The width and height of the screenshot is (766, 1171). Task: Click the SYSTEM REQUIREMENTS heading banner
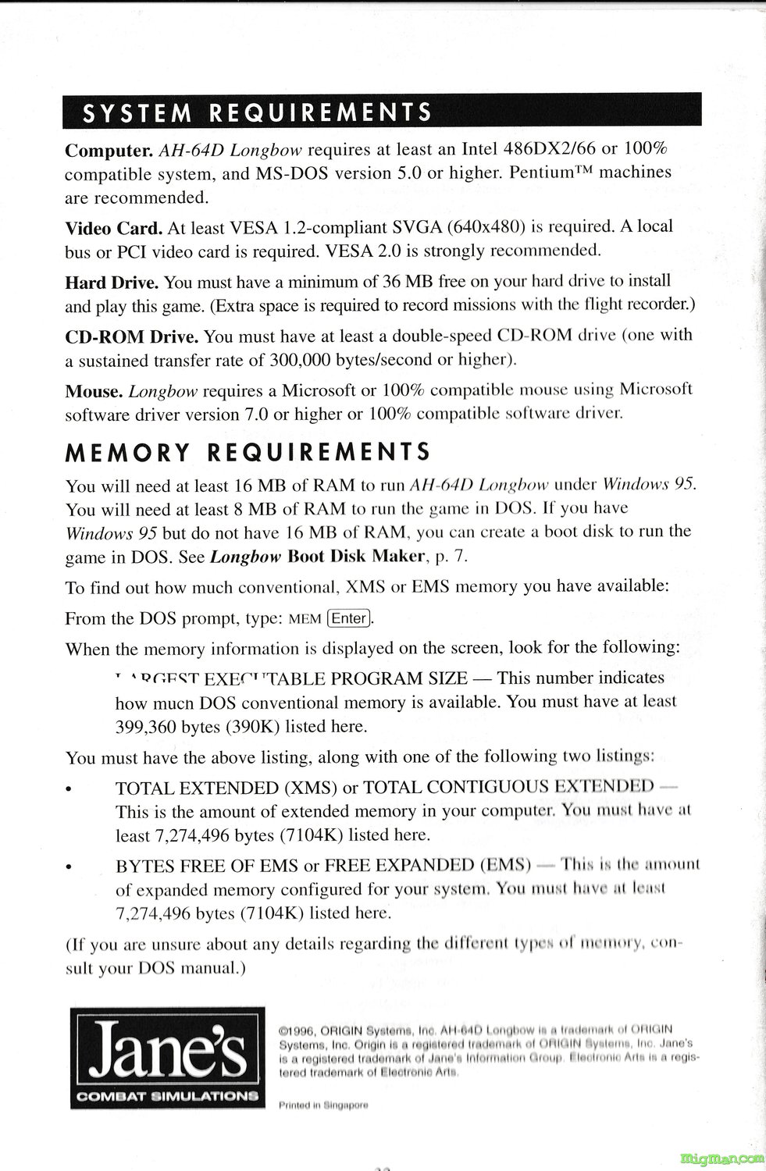382,113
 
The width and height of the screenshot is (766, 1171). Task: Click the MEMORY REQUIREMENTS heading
248,452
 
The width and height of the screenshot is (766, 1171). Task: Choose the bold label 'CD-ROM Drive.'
131,336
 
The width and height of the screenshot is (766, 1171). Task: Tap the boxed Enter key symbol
349,619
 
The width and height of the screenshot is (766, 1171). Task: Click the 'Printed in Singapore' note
322,1105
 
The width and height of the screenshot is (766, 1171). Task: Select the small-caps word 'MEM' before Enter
305,620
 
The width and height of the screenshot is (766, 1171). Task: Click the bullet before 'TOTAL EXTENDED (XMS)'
70,788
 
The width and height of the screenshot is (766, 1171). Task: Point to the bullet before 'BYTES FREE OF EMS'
70,867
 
